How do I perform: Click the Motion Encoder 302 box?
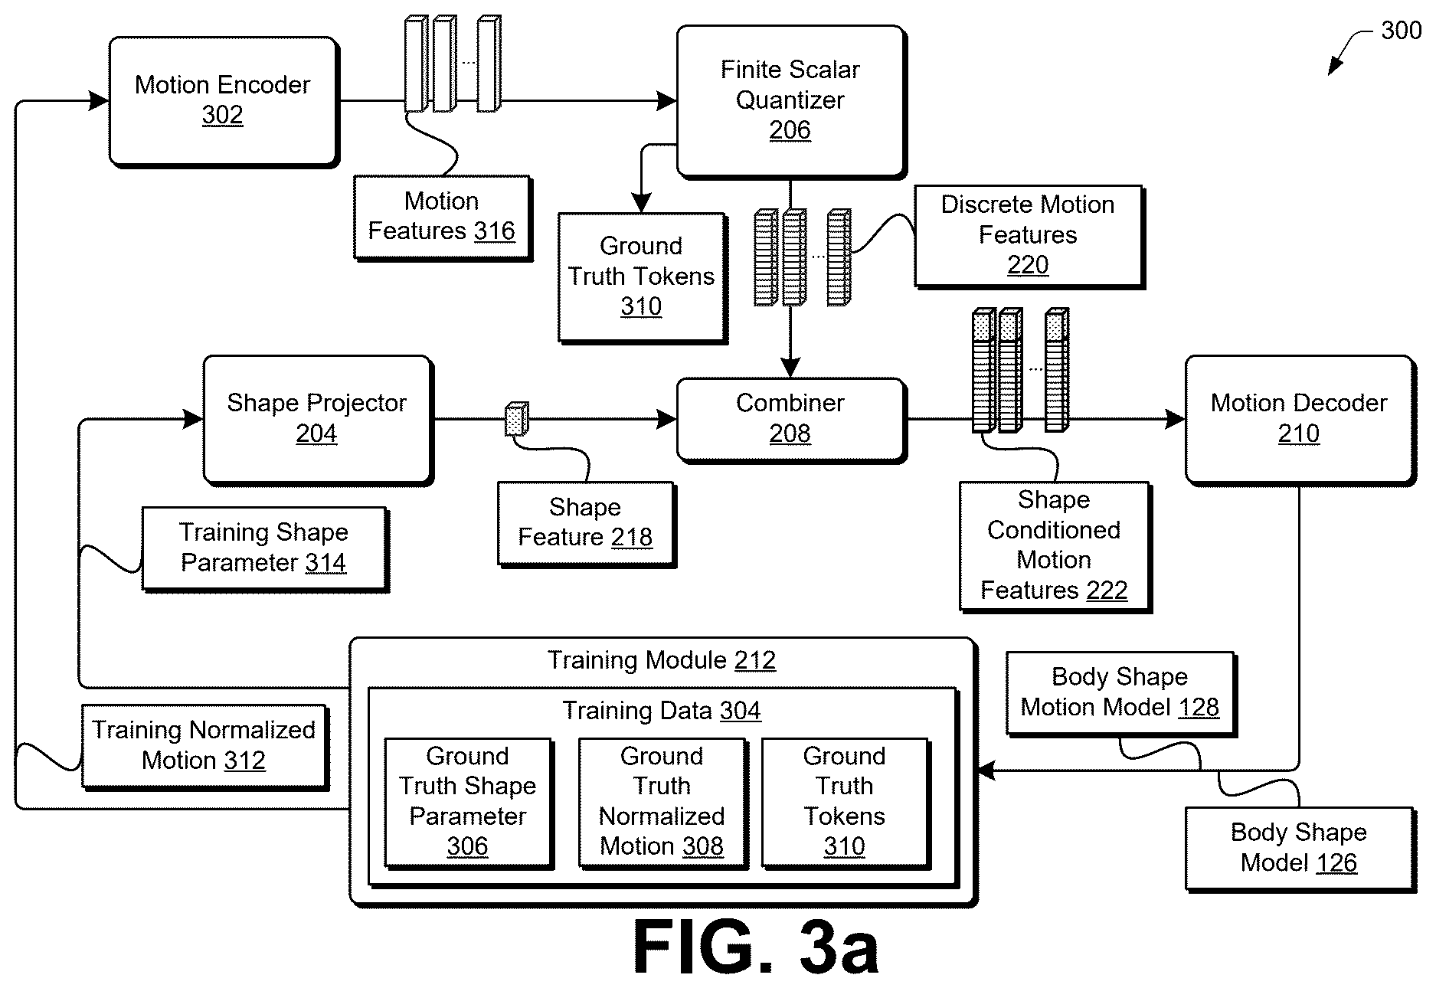[x=224, y=101]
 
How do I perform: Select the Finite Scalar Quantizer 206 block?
[x=791, y=102]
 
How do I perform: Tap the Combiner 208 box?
[x=791, y=419]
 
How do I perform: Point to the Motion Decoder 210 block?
[x=1300, y=419]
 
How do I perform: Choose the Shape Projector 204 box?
[x=318, y=419]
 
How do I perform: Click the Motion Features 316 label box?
[x=443, y=218]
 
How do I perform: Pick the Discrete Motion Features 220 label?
[x=1029, y=236]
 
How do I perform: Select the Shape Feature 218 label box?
[x=586, y=524]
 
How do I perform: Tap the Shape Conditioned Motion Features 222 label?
[x=1055, y=546]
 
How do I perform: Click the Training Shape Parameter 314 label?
[x=265, y=548]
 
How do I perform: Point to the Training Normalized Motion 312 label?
[x=204, y=746]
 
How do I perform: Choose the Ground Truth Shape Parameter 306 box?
[x=469, y=802]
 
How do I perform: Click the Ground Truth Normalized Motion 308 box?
[x=662, y=802]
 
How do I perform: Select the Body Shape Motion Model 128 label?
[x=1120, y=693]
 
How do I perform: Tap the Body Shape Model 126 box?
[x=1300, y=849]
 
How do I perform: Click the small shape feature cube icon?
[x=517, y=419]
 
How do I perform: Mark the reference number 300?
[x=1401, y=31]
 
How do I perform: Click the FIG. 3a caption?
[x=756, y=947]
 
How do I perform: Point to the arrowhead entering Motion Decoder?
[x=1176, y=419]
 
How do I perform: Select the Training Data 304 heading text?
[x=662, y=711]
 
